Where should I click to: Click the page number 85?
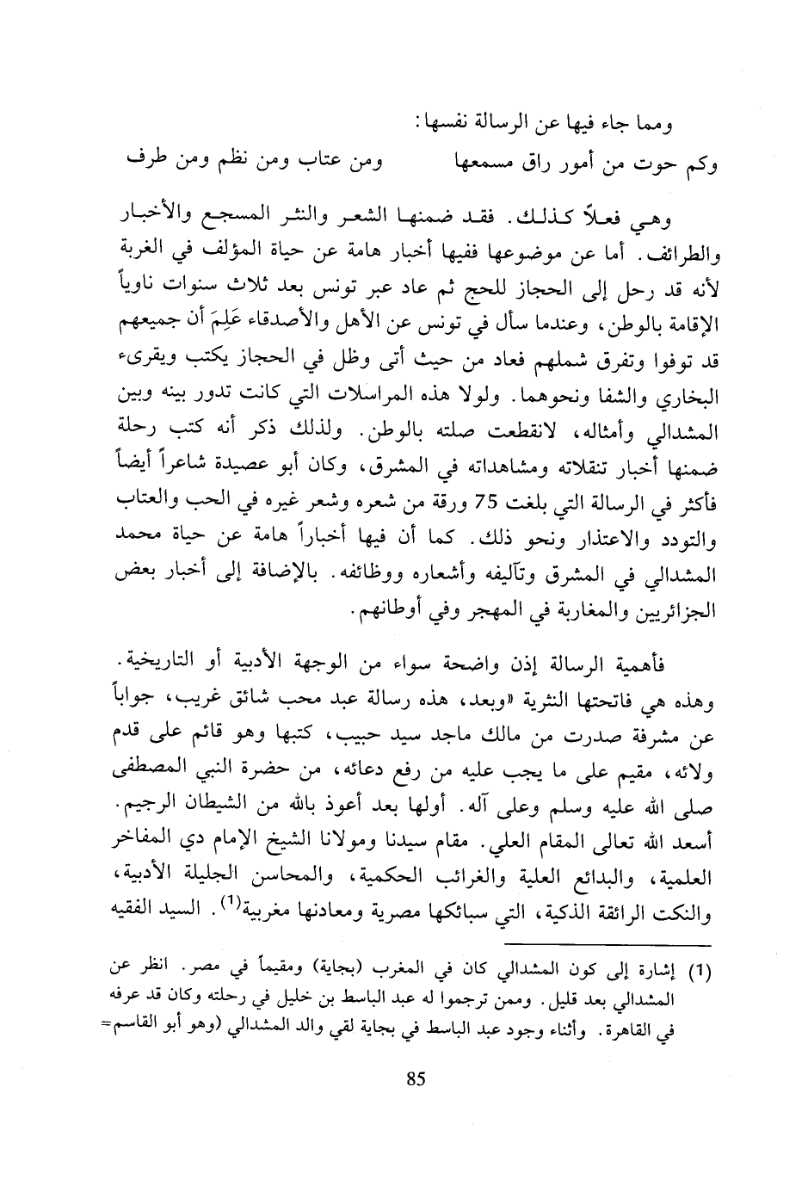tap(416, 1080)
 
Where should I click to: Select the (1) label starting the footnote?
tap(703, 973)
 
